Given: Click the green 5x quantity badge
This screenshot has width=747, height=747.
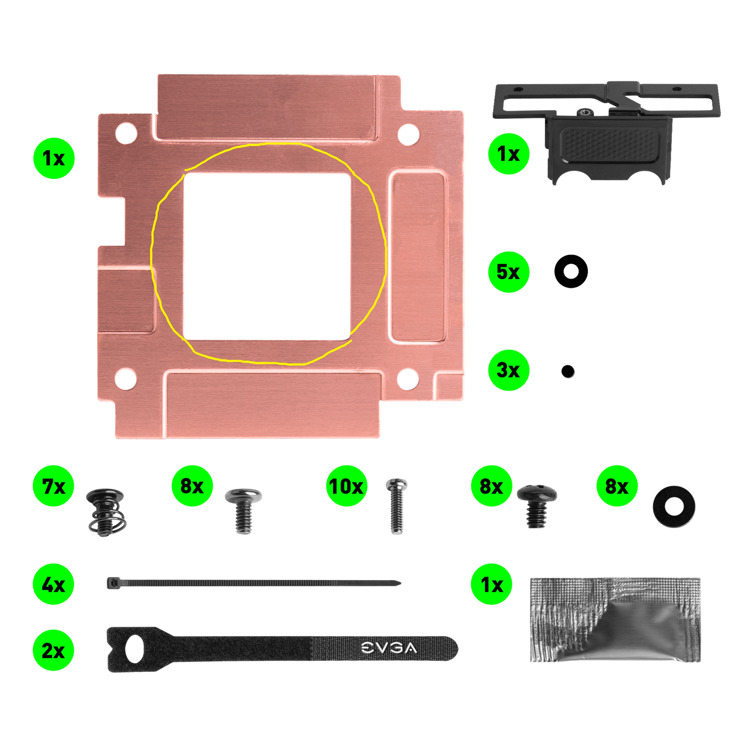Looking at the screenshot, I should tap(508, 272).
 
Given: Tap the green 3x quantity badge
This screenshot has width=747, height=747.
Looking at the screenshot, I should tap(508, 370).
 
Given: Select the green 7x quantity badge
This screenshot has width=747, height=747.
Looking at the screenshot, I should tap(53, 486).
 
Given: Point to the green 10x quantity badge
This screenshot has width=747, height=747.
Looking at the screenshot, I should tap(346, 486).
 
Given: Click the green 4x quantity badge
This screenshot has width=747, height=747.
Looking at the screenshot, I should tap(53, 584).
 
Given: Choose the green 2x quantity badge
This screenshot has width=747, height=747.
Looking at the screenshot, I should tap(53, 650).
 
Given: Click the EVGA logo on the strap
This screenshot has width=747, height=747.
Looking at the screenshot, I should tap(389, 648).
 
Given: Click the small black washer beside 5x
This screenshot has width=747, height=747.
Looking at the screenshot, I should tap(571, 271).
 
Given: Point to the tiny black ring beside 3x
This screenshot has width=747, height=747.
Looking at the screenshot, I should tap(568, 371).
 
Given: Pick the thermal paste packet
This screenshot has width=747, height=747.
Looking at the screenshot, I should tap(615, 620).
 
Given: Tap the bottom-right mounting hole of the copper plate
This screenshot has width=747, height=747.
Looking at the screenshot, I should tap(407, 379).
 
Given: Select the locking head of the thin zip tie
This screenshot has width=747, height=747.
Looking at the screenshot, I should tap(111, 583).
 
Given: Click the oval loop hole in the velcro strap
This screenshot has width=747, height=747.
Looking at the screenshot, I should tap(135, 649).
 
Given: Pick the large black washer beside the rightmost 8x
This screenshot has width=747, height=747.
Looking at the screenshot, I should tap(674, 506).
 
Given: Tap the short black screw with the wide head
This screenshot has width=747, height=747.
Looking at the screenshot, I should tap(536, 505).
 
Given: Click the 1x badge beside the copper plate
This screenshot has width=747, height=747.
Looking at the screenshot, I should tap(53, 158).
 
